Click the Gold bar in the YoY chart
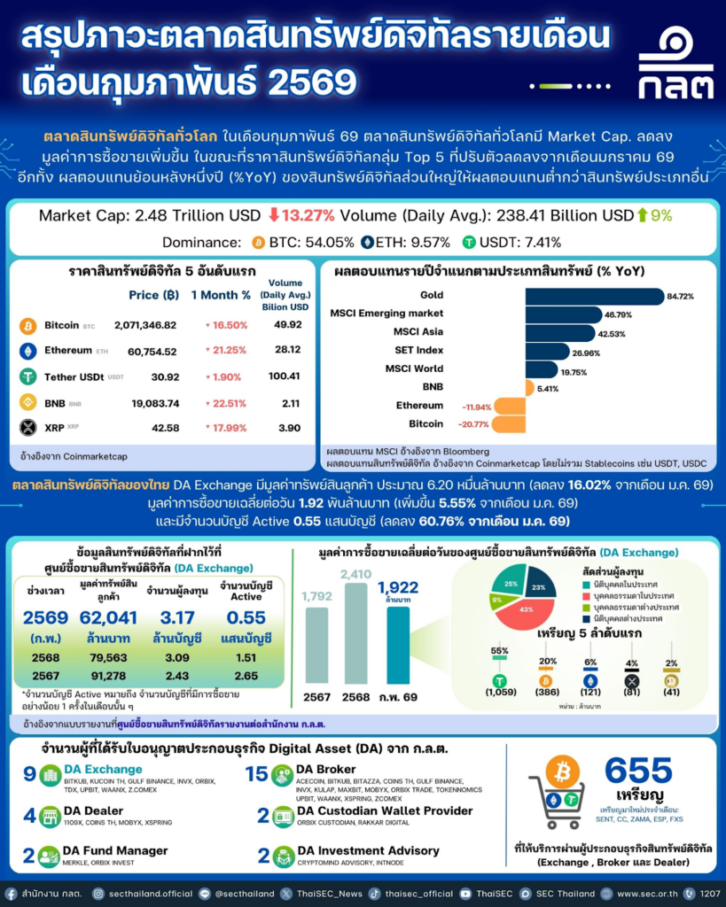594,296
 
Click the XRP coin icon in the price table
28,428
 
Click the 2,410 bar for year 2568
356,633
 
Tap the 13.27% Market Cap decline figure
301,215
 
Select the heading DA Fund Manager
116,850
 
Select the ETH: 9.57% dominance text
409,242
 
